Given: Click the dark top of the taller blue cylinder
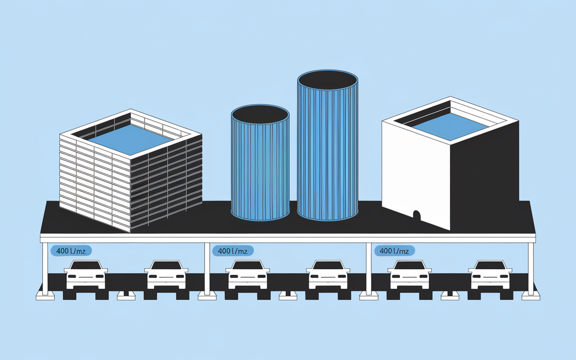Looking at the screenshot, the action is (x=328, y=80).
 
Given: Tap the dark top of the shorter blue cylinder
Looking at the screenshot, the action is (x=260, y=114).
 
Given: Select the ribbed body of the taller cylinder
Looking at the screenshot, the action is (x=328, y=154).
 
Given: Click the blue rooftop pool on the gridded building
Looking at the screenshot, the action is (x=130, y=139).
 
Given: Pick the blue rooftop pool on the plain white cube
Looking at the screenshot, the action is (x=450, y=127).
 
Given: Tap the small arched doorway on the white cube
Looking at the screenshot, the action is (x=417, y=216).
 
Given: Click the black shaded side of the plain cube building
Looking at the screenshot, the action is (x=485, y=175).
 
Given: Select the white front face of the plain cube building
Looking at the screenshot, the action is (x=416, y=175).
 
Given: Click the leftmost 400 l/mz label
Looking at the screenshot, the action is (x=71, y=251).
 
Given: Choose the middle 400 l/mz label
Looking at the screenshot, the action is (x=233, y=251).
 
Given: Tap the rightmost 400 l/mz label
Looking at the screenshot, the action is (x=395, y=251).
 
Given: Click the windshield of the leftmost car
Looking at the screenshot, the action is (x=86, y=265).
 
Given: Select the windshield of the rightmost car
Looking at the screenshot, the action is (x=490, y=265).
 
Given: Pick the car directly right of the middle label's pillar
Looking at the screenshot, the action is (x=247, y=274).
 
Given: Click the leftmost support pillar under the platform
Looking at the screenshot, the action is (x=45, y=269).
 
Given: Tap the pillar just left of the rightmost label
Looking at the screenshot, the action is (x=369, y=269).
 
